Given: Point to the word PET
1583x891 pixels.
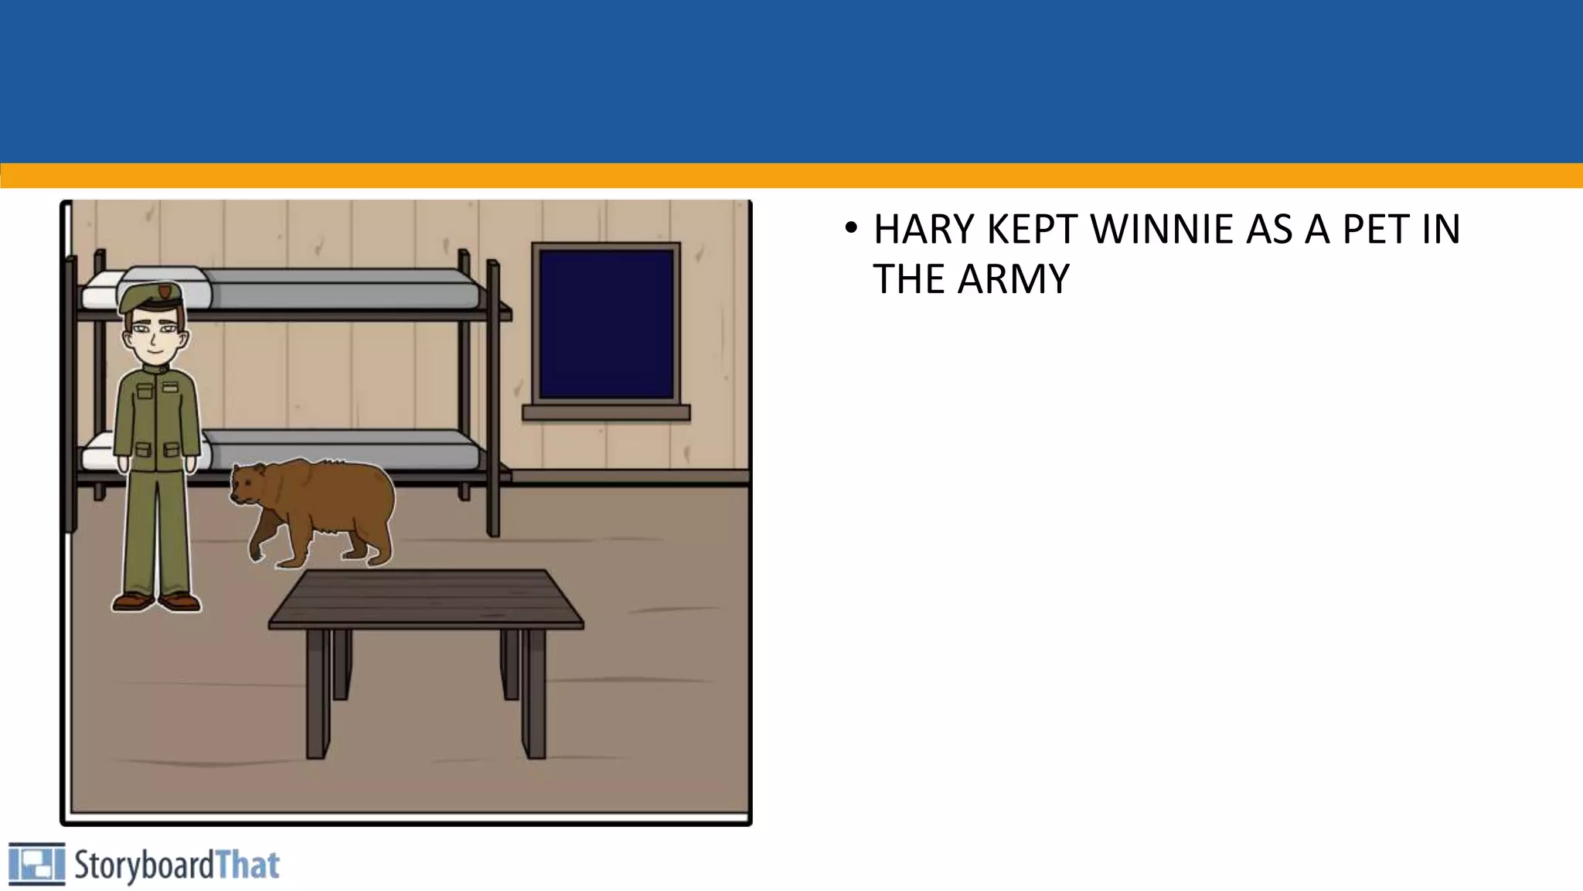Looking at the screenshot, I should coord(1375,229).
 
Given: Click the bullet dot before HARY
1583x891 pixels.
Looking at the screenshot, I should coord(851,229).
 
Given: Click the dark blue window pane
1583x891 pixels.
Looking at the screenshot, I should coord(606,323).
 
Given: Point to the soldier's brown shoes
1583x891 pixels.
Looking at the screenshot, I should coord(157,601).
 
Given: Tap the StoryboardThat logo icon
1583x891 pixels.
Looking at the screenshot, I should coord(36,864).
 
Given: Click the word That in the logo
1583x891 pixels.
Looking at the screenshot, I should coord(247,865).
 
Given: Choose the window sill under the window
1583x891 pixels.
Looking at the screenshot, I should coord(606,413).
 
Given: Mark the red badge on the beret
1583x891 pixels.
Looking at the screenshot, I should coord(164,292).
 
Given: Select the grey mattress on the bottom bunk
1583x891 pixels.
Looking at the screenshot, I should coord(340,450).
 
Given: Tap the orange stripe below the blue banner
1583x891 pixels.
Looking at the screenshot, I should coord(791,176).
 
